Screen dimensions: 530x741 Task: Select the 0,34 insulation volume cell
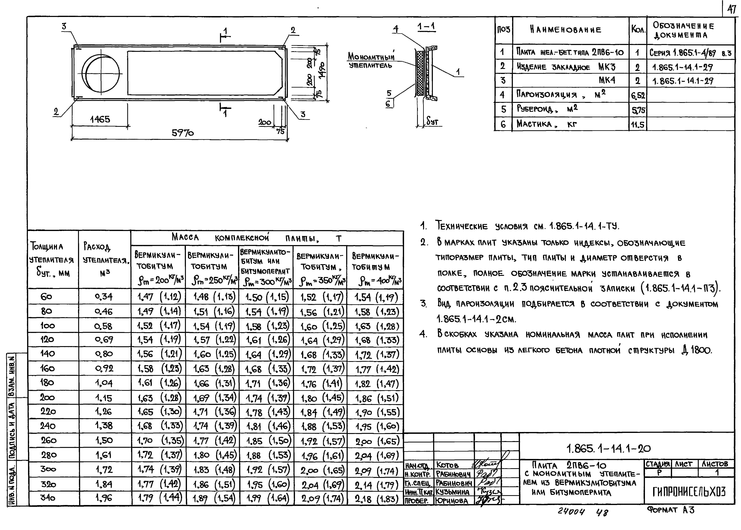click(104, 297)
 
